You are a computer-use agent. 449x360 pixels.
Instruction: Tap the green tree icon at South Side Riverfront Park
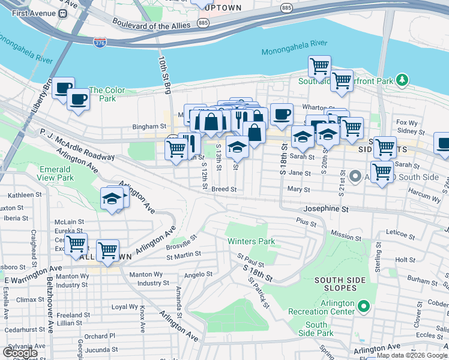coord(402,80)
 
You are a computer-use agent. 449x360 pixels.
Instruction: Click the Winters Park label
coord(251,241)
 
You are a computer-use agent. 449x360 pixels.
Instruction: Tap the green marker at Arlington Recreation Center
coord(363,307)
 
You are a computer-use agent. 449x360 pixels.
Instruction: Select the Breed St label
coord(224,188)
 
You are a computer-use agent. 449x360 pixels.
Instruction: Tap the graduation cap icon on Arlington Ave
coord(112,198)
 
